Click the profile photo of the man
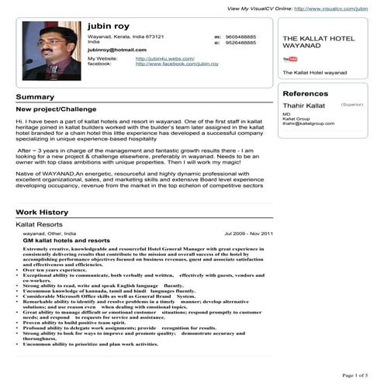[x=51, y=50]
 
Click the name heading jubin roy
[x=108, y=26]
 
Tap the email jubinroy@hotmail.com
[x=116, y=49]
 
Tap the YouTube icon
[x=290, y=59]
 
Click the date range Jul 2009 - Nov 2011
[x=248, y=233]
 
